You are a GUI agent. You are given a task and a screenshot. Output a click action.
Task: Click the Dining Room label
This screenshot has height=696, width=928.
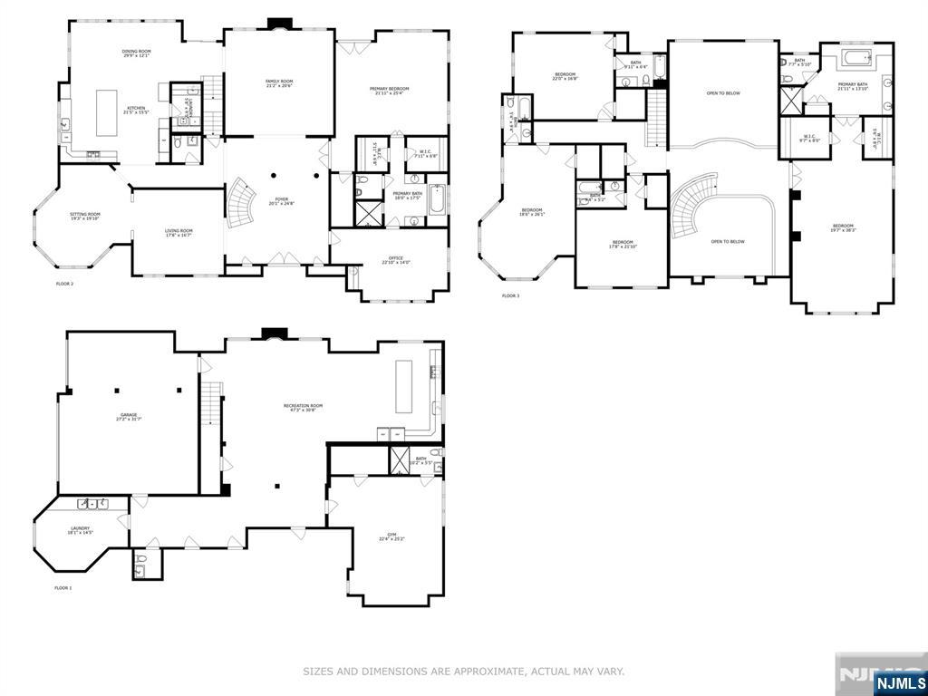coord(137,54)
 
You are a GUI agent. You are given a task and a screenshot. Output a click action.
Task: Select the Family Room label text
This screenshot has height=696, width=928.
coord(279,83)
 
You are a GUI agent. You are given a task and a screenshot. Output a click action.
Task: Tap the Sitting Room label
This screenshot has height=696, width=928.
coord(85,216)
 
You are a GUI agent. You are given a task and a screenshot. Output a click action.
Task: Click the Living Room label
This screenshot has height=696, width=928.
coord(179,232)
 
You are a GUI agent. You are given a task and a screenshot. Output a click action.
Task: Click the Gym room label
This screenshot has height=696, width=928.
coord(391,536)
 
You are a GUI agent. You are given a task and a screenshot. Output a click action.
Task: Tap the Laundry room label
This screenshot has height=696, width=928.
coord(80,530)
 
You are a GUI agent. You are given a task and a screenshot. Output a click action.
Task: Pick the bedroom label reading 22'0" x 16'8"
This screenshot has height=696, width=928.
coord(565,76)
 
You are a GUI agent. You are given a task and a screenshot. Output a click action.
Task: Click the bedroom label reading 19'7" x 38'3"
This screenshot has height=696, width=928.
coord(843,227)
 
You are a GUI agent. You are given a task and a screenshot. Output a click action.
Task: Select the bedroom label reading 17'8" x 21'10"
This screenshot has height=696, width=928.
coord(622,244)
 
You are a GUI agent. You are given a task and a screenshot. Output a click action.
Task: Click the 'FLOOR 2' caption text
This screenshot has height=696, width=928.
coord(63,284)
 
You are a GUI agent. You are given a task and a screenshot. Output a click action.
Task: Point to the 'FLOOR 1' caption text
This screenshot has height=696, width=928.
coord(63,588)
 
